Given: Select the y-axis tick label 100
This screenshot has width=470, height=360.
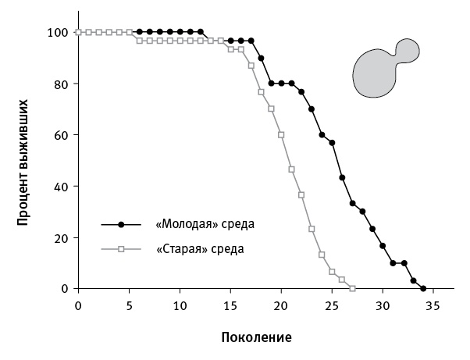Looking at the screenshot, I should click(58, 32).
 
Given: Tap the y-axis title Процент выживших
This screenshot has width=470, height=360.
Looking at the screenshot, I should click(23, 160).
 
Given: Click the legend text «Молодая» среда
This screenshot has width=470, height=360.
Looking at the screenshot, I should click(205, 225).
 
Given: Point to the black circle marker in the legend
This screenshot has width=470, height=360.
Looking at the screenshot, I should click(121, 225).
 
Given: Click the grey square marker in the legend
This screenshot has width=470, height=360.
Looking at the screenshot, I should click(121, 250).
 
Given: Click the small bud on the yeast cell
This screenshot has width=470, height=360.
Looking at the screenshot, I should click(408, 51).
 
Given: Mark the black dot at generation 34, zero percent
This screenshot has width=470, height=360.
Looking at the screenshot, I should click(423, 289).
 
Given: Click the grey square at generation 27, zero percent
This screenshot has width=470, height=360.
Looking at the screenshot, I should click(352, 289).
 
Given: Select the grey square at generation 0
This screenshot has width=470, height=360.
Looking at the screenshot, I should click(78, 32).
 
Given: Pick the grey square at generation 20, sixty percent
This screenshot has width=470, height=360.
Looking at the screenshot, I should click(281, 135).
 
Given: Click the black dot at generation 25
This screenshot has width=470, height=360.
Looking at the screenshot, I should click(332, 143).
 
